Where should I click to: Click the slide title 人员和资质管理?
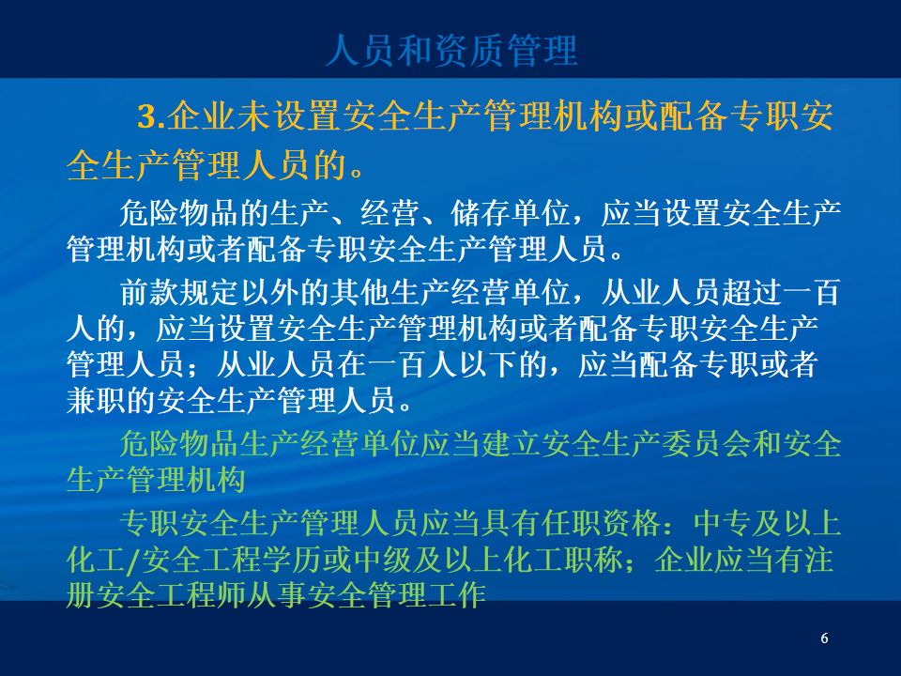(x=451, y=51)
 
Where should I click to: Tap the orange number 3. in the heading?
(x=152, y=117)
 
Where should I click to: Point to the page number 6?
(x=825, y=638)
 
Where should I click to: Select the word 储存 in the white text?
(x=481, y=213)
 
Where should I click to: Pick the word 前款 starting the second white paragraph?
(x=149, y=292)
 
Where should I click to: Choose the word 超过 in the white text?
(x=751, y=292)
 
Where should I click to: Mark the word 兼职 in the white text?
(x=96, y=400)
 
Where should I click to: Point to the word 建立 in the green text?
(x=511, y=443)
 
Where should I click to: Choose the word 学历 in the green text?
(x=292, y=560)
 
